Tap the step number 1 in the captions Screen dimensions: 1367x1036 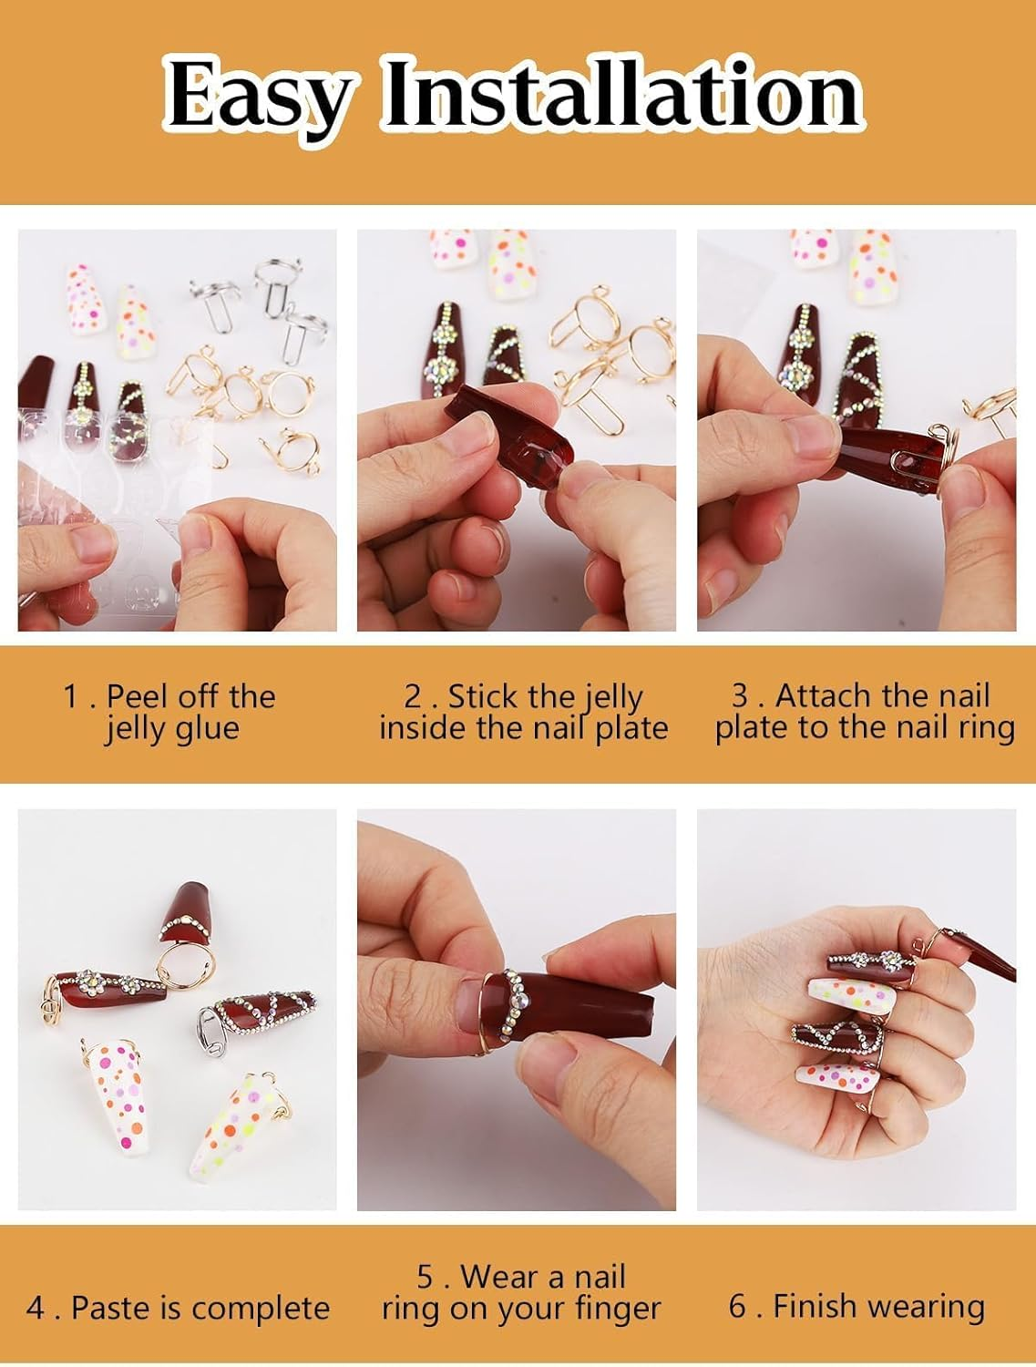coord(71,697)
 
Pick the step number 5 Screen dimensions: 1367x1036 coord(426,1276)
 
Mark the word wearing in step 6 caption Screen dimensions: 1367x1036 coord(928,1307)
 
